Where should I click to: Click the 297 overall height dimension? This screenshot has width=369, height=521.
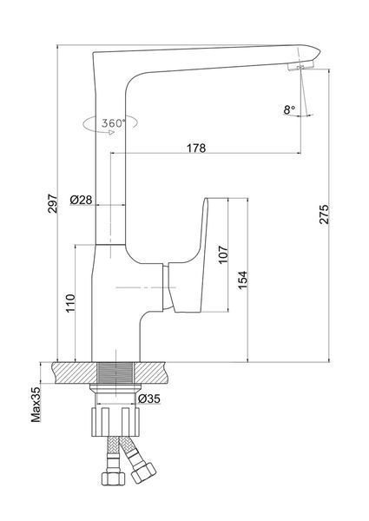coord(52,203)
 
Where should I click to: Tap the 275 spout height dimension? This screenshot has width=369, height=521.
coord(325,214)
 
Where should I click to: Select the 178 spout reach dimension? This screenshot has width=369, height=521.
coord(196,148)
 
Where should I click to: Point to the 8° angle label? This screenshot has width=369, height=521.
coord(289,109)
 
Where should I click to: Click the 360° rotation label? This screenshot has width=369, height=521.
coord(114,123)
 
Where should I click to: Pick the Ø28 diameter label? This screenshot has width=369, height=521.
coord(81,200)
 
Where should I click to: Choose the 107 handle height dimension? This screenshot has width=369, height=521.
coord(223,254)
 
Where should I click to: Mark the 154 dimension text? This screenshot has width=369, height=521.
coord(243,280)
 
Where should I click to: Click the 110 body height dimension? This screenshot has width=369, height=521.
coord(70,303)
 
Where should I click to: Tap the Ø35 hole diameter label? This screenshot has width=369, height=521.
coord(149,399)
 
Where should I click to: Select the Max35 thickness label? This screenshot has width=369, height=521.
coord(36,404)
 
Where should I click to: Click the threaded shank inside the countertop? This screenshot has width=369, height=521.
coord(115,373)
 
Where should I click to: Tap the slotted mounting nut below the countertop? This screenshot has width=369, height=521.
coord(115,421)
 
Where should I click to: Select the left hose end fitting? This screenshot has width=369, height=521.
coord(113,479)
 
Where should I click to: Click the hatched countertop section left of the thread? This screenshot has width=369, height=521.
coord(74,373)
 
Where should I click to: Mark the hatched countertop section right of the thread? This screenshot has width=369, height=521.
coord(153,373)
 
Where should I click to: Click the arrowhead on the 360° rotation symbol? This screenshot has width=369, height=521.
coord(112,132)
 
